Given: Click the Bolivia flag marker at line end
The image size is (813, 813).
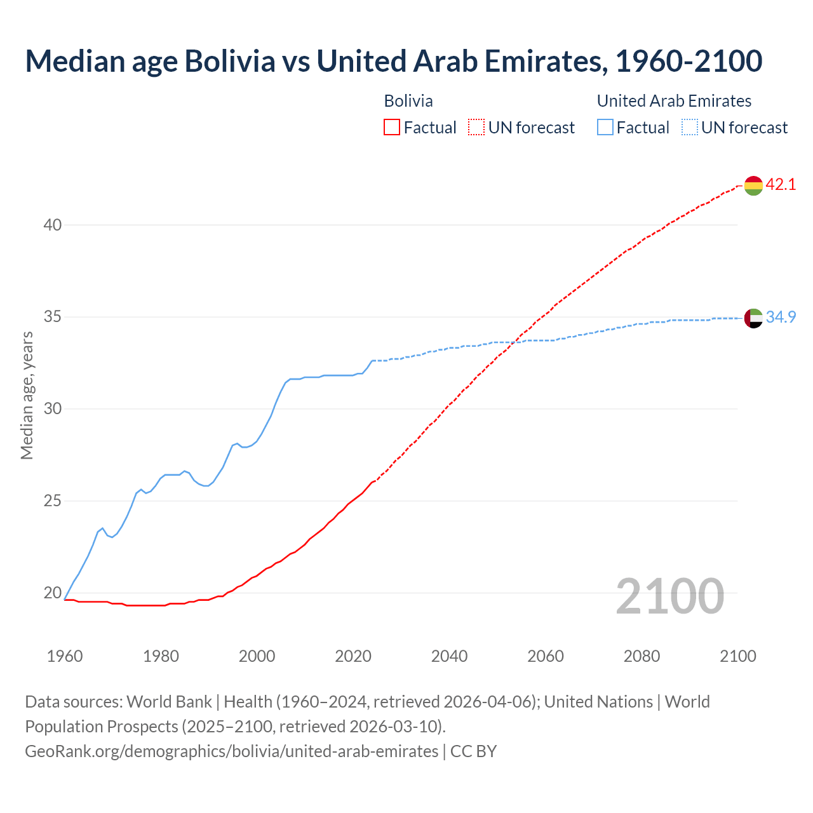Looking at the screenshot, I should pos(753,185).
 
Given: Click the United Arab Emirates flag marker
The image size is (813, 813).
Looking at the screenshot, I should pos(753,318).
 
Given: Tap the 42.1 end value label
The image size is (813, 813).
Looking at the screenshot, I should pos(781,185).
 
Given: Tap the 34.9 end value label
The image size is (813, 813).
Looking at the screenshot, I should pos(781,317).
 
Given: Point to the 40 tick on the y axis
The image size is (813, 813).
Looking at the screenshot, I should pos(53,225).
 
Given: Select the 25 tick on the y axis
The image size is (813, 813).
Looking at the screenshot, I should pos(53,501).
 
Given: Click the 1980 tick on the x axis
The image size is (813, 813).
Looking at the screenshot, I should pos(161,656).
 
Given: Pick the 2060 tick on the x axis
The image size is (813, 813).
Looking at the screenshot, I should pos(546,656).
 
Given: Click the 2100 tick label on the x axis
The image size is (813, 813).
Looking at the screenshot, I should pos(737,656).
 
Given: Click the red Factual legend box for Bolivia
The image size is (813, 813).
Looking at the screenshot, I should pos(392,128).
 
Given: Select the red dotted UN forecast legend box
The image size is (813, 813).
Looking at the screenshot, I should pos(476,128).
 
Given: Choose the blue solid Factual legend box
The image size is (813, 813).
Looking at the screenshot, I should pos(605,128).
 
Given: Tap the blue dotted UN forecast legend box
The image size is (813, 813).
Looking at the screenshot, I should pos(689,128).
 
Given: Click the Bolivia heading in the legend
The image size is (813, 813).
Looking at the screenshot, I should pos(408,101).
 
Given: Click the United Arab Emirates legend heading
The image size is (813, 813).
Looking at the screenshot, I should pos(674,101).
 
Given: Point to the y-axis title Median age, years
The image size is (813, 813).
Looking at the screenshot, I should pos(27,395).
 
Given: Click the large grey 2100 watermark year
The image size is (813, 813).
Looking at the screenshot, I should pos(669,596).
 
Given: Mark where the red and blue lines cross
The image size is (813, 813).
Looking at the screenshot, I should pos(515,342).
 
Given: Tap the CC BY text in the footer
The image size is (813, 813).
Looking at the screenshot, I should pos(473,751).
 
